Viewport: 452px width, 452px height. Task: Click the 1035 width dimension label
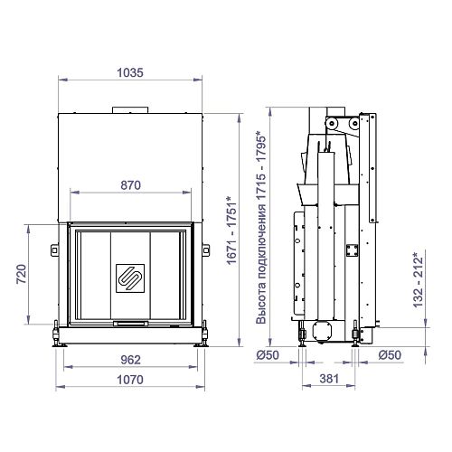pyautogui.click(x=130, y=72)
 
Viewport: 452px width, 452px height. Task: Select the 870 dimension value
pyautogui.click(x=130, y=185)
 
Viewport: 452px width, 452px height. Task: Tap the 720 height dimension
pyautogui.click(x=22, y=274)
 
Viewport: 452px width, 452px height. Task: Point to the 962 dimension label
pyautogui.click(x=130, y=360)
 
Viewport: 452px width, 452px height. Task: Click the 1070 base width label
pyautogui.click(x=130, y=380)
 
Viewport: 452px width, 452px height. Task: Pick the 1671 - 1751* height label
pyautogui.click(x=231, y=231)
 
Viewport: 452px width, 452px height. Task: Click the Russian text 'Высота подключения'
pyautogui.click(x=261, y=264)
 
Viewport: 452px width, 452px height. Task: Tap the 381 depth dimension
pyautogui.click(x=329, y=379)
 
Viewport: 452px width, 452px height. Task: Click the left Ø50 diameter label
pyautogui.click(x=268, y=355)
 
